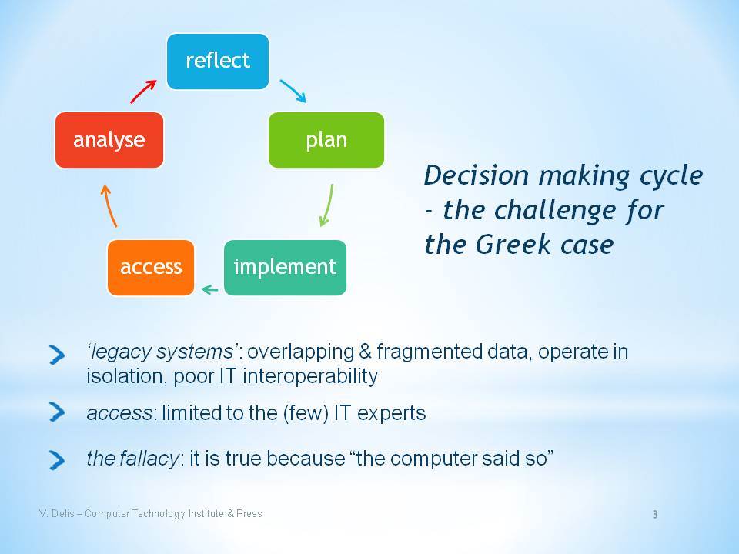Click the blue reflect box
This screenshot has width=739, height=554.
coord(218,62)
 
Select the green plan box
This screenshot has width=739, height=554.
coord(326,140)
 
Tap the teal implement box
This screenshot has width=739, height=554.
coord(285,268)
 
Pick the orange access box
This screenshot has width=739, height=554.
coord(151,268)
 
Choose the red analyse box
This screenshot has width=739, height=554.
coord(109,140)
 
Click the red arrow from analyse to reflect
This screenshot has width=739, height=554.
coord(143,92)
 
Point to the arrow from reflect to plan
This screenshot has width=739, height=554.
coord(293,91)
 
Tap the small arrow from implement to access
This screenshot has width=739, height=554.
coord(209,289)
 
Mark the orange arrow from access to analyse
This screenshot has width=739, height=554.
coord(109,206)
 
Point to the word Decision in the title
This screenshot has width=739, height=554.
coord(477,175)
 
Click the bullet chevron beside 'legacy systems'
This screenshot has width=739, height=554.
coord(57,355)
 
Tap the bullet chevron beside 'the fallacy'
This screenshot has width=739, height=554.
coord(57,460)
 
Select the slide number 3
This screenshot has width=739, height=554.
coord(655,515)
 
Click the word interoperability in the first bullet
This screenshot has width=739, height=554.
coord(310,376)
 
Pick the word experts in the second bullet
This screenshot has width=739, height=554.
coord(391,414)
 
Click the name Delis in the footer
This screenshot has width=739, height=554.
coord(62,513)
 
